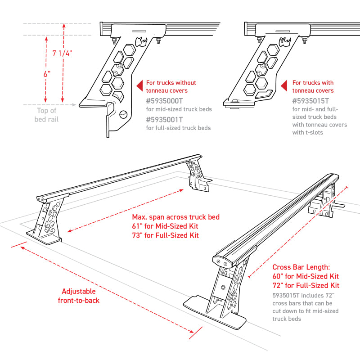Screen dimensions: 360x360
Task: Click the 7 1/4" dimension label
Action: [x=62, y=53]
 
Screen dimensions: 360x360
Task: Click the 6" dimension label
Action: [x=47, y=74]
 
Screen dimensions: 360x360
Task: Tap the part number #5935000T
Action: [x=165, y=101]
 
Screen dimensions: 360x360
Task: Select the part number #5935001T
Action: [x=165, y=119]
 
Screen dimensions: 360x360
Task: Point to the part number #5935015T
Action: [x=311, y=101]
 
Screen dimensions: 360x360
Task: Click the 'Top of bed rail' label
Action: [x=46, y=115]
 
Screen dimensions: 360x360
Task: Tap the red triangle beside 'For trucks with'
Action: [x=284, y=85]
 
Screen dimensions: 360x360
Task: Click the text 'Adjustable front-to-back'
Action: [x=79, y=296]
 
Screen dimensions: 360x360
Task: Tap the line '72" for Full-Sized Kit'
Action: [x=306, y=285]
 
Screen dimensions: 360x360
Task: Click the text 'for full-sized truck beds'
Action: [x=178, y=128]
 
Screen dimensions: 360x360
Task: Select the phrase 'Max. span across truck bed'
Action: [x=169, y=217]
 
